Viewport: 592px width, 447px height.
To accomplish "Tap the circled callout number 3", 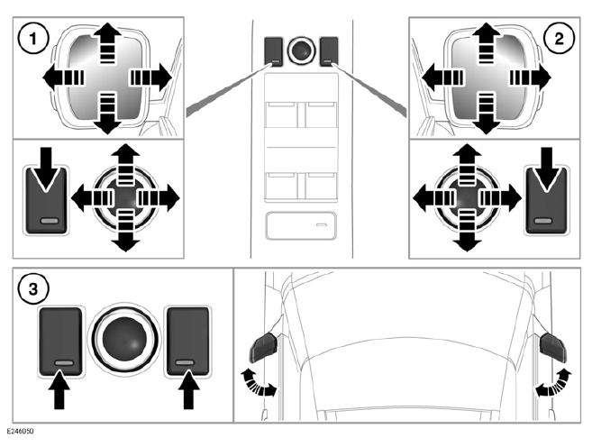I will pos(32,290).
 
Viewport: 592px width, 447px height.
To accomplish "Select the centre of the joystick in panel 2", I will pos(466,196).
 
